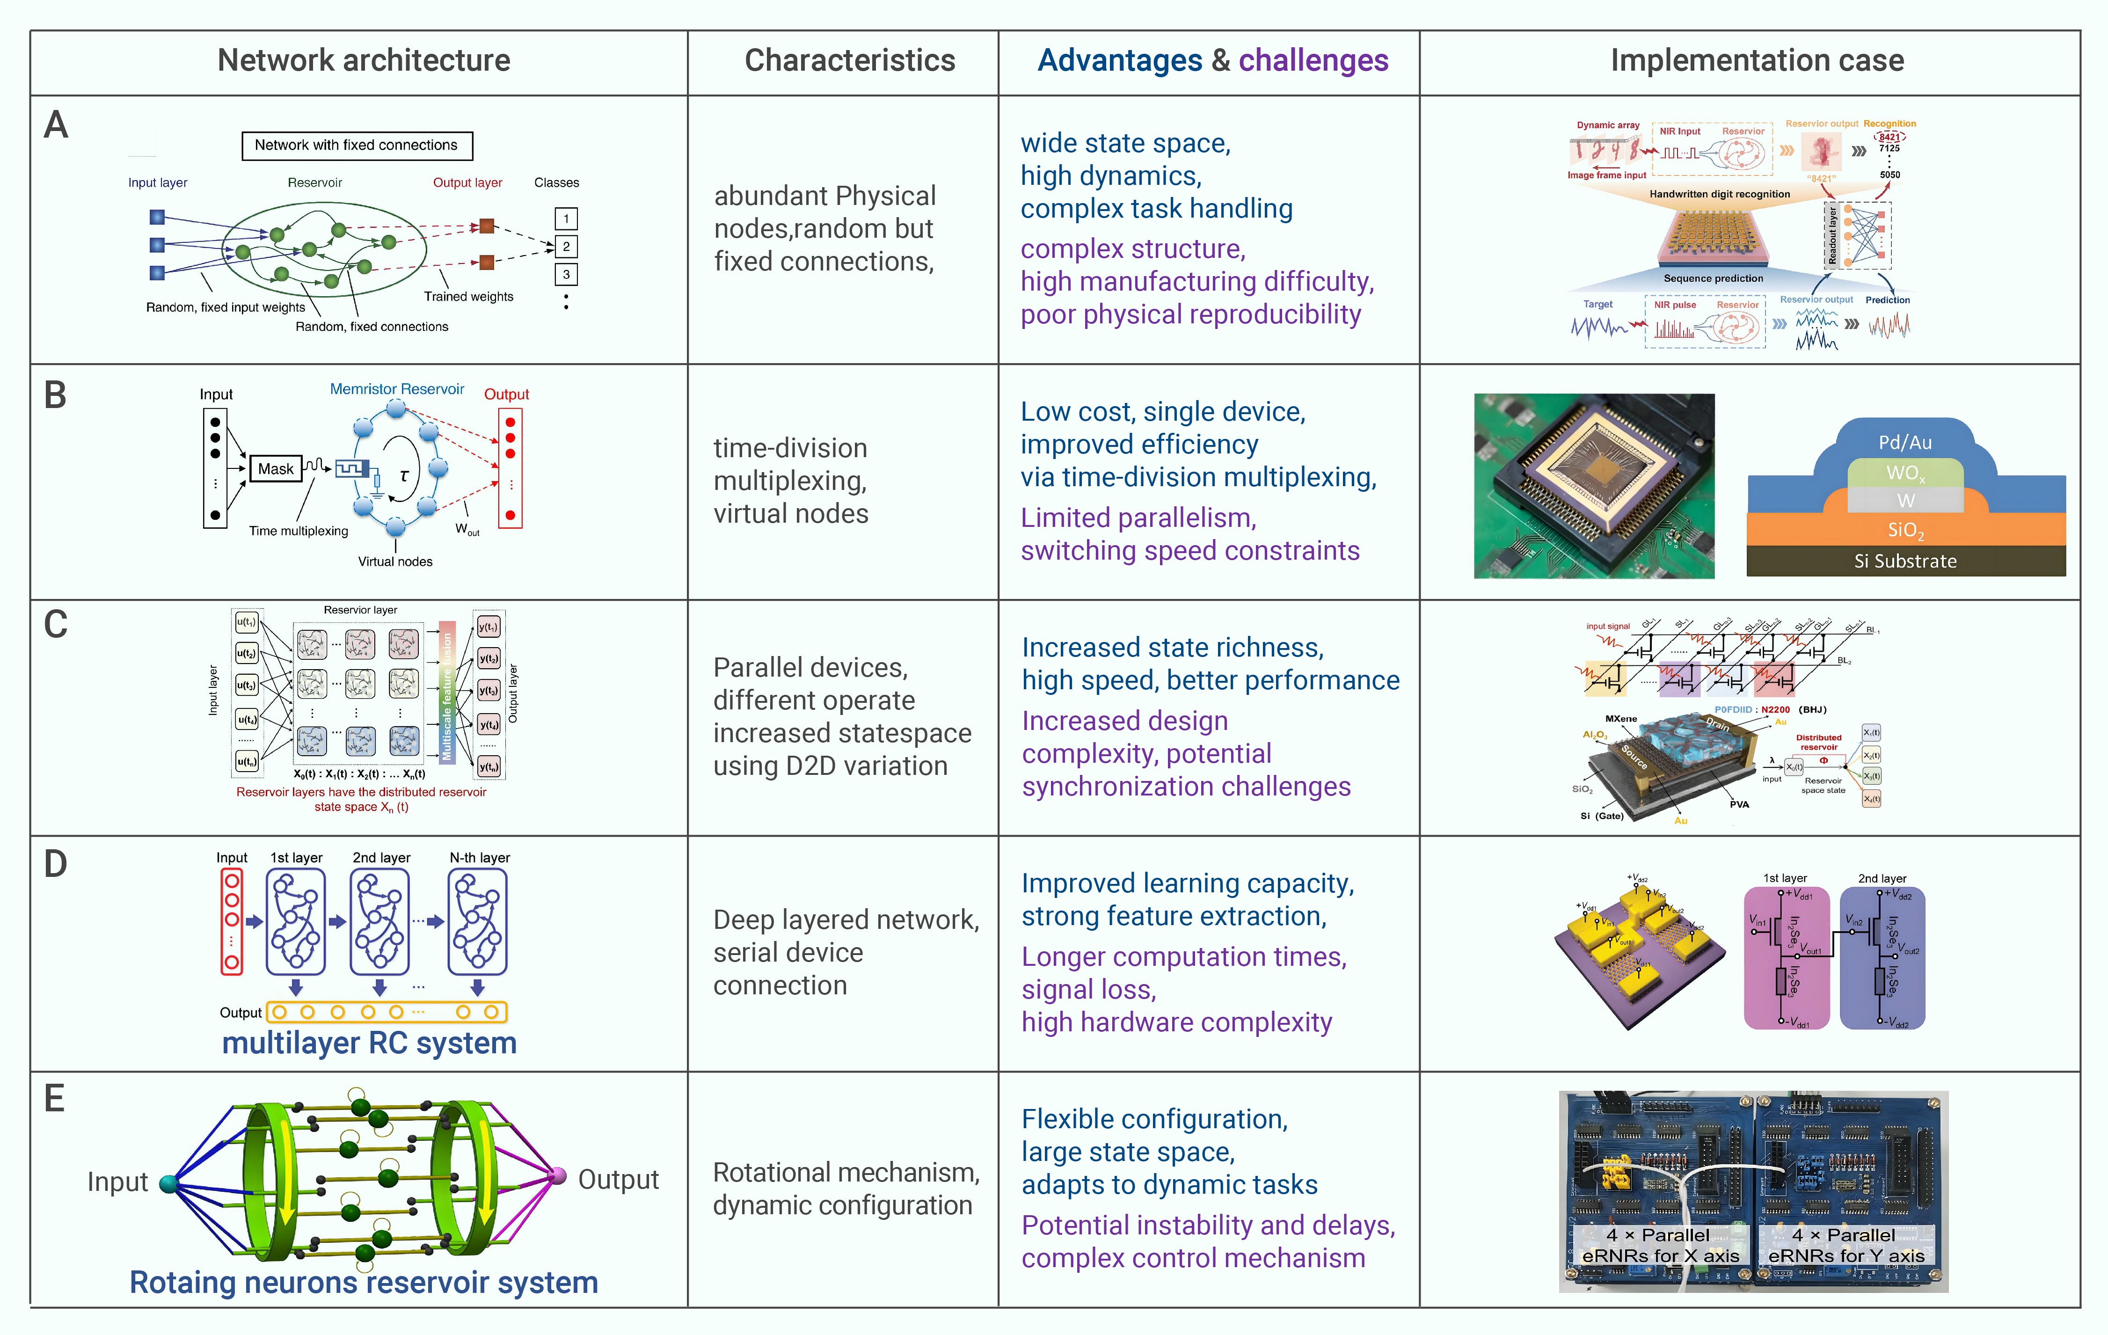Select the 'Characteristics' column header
click(x=849, y=60)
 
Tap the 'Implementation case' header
click(x=1757, y=60)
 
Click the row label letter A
click(x=56, y=125)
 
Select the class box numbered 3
click(x=566, y=275)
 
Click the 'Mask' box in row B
click(x=276, y=469)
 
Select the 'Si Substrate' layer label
click(x=1905, y=561)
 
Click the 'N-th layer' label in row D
click(x=480, y=858)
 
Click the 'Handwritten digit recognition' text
click(x=1719, y=194)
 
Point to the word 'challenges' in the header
click(x=1313, y=60)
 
